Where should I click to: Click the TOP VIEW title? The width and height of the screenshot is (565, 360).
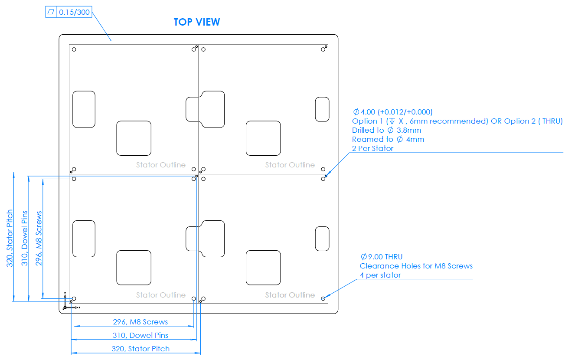click(196, 22)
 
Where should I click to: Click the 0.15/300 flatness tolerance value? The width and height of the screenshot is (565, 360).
click(74, 12)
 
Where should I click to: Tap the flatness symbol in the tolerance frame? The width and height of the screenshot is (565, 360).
click(51, 12)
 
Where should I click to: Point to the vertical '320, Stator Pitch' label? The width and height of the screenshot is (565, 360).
click(10, 239)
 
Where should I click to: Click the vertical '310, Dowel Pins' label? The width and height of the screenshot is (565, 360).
click(24, 239)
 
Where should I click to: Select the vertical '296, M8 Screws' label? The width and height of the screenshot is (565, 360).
click(39, 239)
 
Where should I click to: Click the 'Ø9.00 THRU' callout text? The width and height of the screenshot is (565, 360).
click(382, 257)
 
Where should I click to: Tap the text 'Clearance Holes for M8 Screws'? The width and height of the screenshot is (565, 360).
click(416, 266)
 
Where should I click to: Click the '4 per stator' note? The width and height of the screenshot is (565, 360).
click(380, 275)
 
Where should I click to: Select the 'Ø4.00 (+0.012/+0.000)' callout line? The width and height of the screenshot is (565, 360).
click(392, 112)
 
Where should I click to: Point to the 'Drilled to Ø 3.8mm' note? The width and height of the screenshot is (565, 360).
click(386, 130)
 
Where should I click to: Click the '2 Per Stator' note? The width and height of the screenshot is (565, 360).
click(372, 148)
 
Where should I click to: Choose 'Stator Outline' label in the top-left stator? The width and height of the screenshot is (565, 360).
click(160, 165)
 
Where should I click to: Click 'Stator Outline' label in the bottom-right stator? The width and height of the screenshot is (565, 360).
click(290, 295)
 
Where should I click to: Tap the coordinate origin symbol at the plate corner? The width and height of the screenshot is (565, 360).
click(65, 308)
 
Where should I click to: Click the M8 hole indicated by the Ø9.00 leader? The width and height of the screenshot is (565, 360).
click(323, 298)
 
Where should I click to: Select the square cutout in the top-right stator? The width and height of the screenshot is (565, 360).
click(263, 138)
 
